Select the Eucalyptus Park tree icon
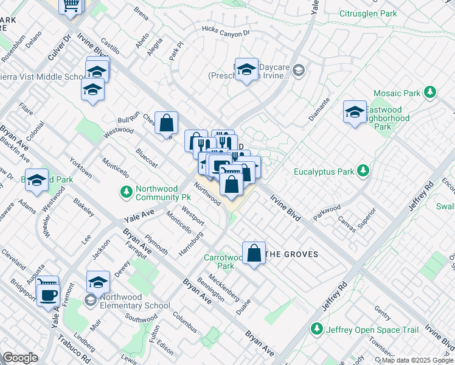364,171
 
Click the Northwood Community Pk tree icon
126,192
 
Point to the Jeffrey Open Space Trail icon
316,329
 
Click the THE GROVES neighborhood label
293,254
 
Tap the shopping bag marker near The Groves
254,252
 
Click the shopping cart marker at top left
71,5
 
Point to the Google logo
19,358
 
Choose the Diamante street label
319,109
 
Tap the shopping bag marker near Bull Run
166,123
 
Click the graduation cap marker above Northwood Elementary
98,282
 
